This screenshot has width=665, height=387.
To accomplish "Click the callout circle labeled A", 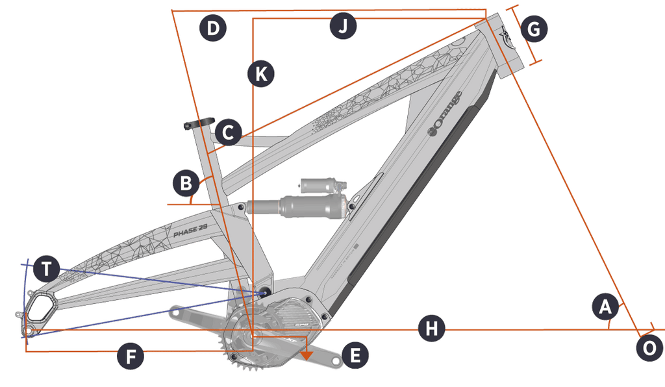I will coord(605,306).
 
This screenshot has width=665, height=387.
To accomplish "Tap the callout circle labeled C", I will coord(228,133).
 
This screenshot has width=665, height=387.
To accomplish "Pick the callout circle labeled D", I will coord(212,29).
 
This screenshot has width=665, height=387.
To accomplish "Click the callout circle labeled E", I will coord(355,356).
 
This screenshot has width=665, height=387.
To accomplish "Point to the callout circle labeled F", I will coord(131,357).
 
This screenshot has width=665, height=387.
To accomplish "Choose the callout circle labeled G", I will coord(534,29).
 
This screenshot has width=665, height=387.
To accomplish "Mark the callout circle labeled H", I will coord(431,329).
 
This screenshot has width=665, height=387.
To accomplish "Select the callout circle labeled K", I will coord(260,74).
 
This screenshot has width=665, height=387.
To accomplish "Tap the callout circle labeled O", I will coord(649,347).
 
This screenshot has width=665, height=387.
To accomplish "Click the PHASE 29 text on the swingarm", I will coord(190,231).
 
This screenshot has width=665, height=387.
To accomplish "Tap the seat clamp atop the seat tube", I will coord(199,123).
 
